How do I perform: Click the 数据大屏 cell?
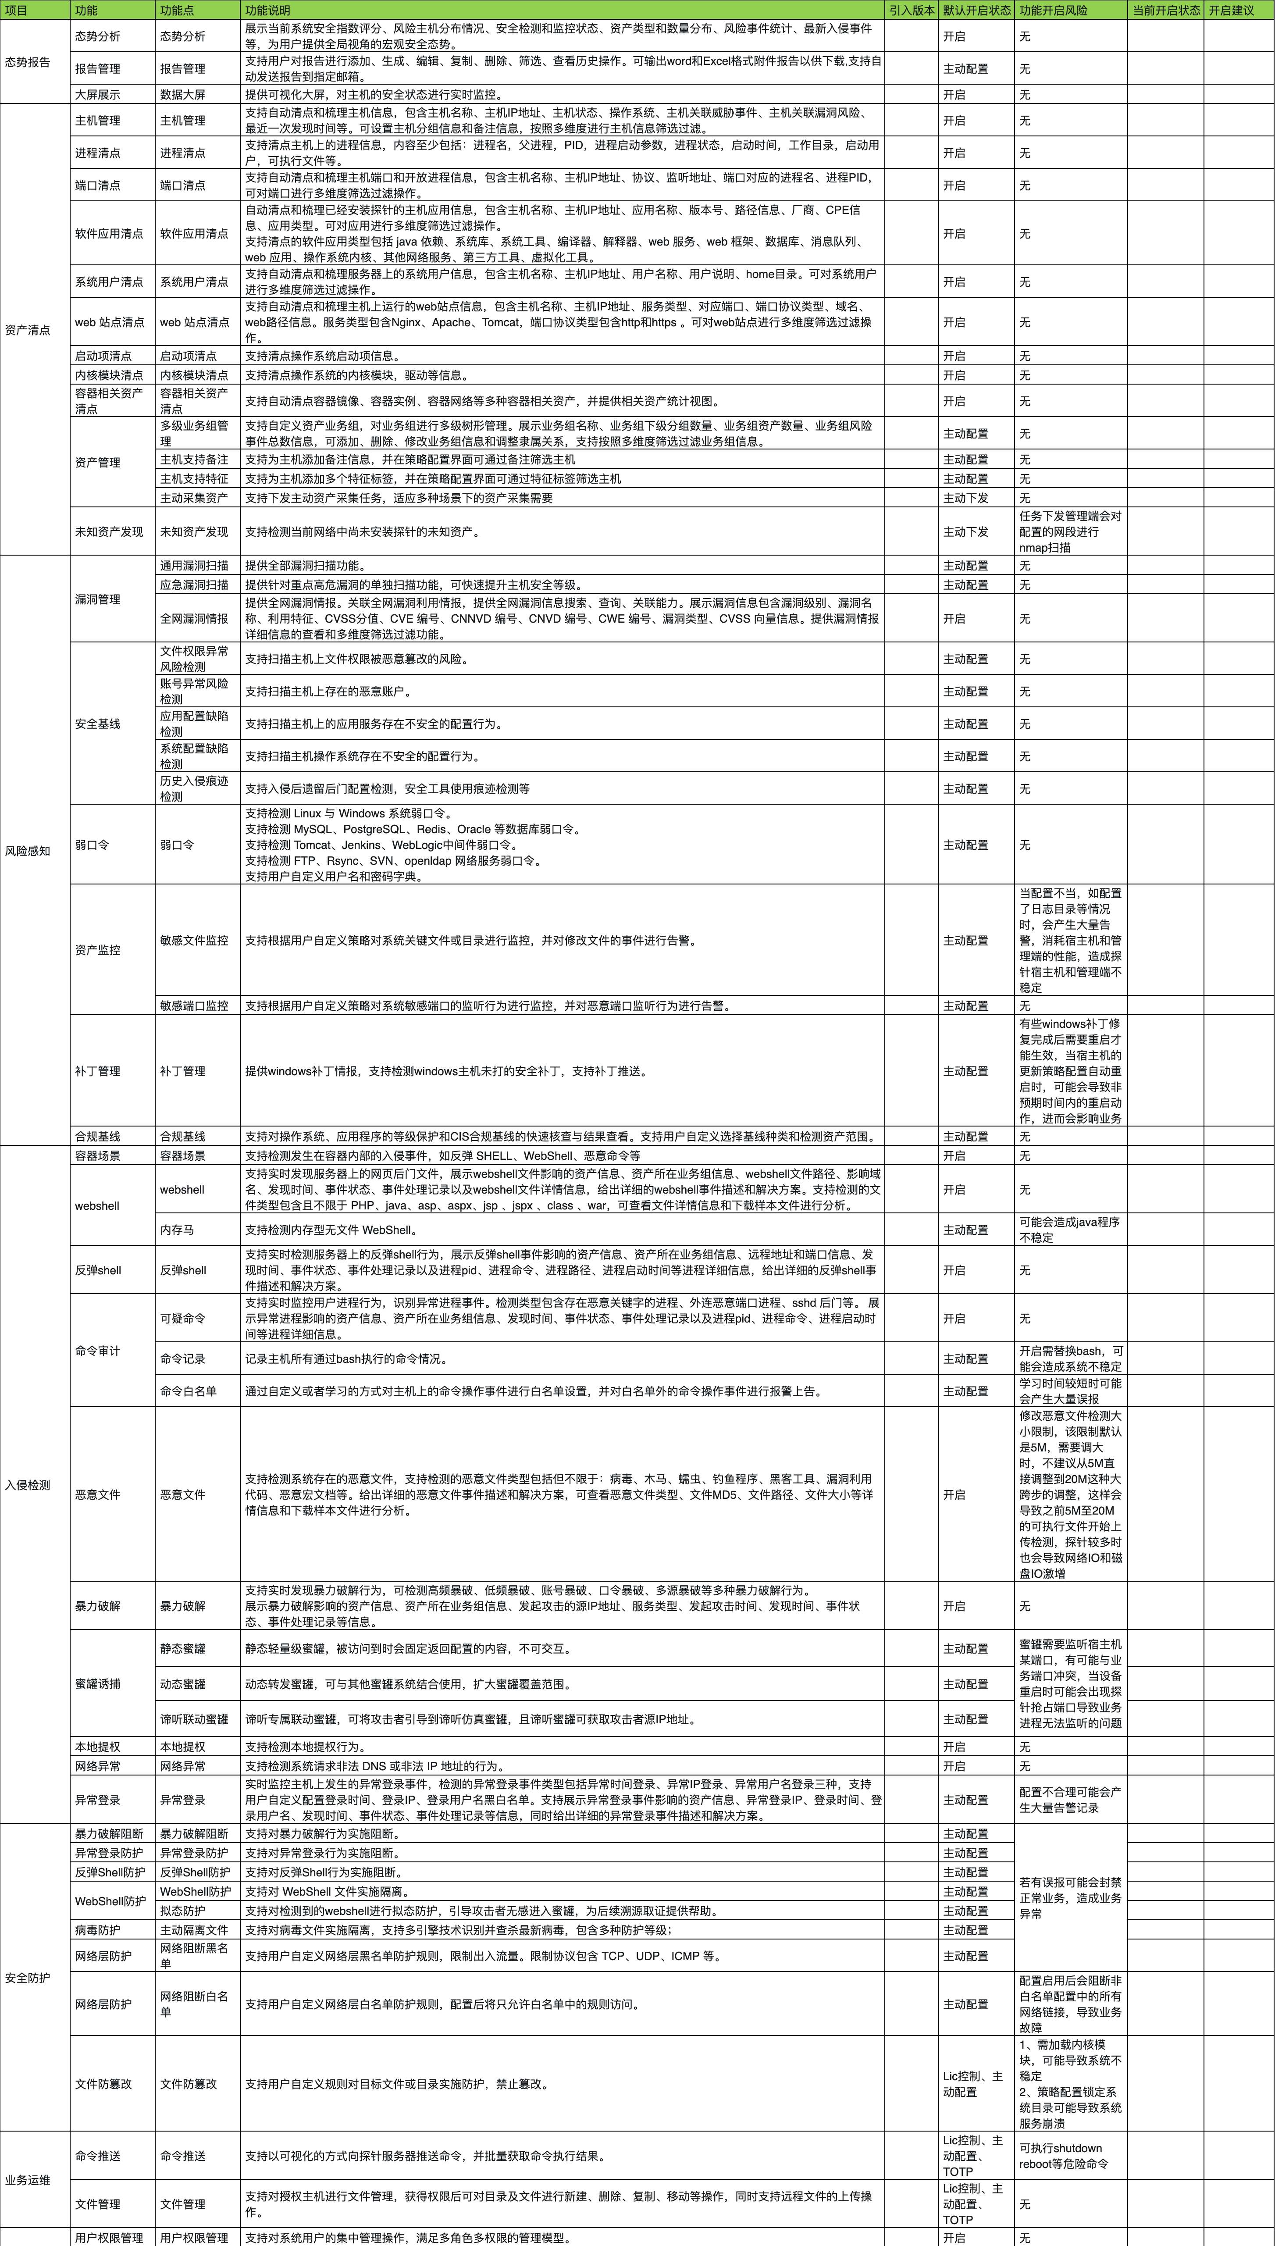tap(183, 95)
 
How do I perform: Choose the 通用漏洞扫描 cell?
tap(194, 566)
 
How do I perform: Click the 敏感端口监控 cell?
tap(194, 1005)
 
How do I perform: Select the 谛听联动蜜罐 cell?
tap(194, 1719)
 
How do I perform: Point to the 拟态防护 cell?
tap(183, 1911)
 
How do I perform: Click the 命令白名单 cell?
tap(188, 1390)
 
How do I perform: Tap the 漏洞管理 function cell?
tap(97, 599)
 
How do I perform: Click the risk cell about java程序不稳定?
tap(1069, 1230)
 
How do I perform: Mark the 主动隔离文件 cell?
tap(194, 1930)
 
